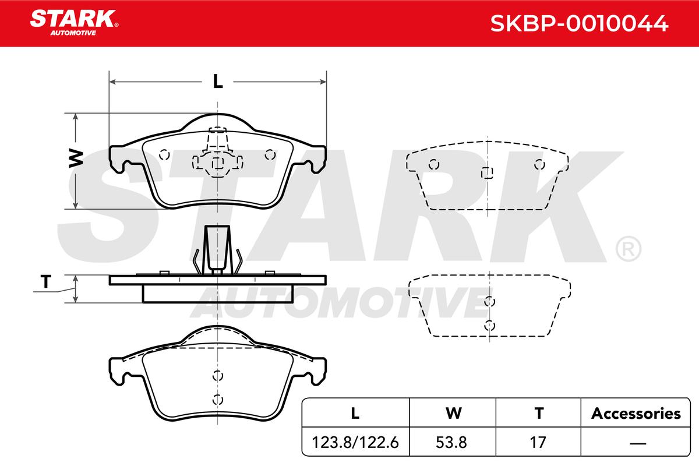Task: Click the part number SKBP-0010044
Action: pyautogui.click(x=579, y=23)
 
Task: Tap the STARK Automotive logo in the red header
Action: pyautogui.click(x=74, y=23)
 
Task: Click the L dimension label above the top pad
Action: pyautogui.click(x=218, y=82)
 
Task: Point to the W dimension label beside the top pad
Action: pyautogui.click(x=76, y=158)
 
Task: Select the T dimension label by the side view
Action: pyautogui.click(x=46, y=281)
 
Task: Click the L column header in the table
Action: pyautogui.click(x=355, y=413)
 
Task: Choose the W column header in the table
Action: pyautogui.click(x=453, y=413)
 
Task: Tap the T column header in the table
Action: pyautogui.click(x=539, y=413)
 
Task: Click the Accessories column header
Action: pyautogui.click(x=636, y=413)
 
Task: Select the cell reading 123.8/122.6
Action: pyautogui.click(x=355, y=442)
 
